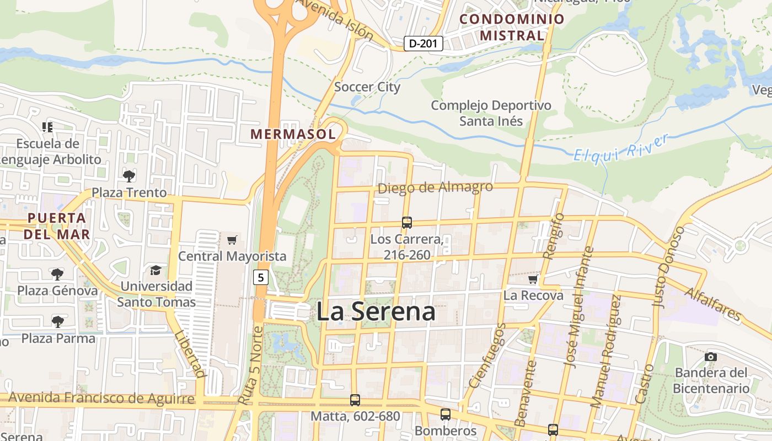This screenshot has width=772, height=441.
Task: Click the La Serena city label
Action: [x=376, y=311]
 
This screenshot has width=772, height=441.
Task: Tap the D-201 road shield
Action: [x=423, y=43]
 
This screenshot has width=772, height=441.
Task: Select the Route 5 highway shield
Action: [x=261, y=277]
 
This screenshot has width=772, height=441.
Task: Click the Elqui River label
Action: [x=621, y=147]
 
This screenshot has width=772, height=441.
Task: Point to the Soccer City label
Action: [x=367, y=87]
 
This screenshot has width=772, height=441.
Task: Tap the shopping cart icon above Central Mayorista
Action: [x=232, y=240]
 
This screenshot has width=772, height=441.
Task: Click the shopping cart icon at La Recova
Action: [x=533, y=279]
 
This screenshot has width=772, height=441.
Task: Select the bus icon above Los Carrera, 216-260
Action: [x=407, y=223]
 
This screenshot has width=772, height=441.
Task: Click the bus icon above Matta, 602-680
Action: [x=355, y=400]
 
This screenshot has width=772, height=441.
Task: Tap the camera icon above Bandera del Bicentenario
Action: [x=711, y=357]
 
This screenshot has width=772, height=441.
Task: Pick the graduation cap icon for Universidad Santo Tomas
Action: [x=156, y=270]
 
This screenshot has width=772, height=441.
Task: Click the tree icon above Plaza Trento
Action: [x=129, y=176]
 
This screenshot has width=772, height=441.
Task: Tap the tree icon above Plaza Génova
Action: [x=57, y=274]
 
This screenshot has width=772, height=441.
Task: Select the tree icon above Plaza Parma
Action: [x=57, y=321]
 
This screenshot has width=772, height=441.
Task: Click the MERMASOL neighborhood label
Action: [x=293, y=134]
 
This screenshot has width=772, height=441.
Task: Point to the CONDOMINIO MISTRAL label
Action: [x=512, y=27]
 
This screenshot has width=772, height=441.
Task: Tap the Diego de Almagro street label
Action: [x=435, y=187]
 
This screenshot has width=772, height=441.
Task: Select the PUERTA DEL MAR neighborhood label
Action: [x=57, y=225]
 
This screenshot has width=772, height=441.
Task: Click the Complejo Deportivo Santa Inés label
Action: [x=491, y=112]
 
